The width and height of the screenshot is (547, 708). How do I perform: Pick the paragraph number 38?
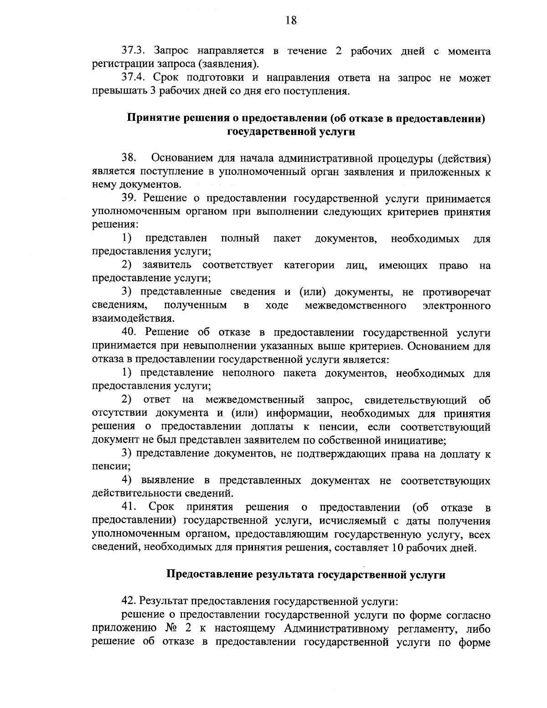(x=129, y=159)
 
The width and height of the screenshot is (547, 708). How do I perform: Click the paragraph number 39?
(x=129, y=198)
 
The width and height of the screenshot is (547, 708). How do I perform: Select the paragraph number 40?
(x=130, y=332)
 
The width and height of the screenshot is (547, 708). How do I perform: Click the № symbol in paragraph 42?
(x=172, y=628)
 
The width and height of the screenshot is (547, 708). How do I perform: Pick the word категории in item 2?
(x=310, y=265)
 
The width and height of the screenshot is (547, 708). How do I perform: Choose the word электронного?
(x=457, y=305)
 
